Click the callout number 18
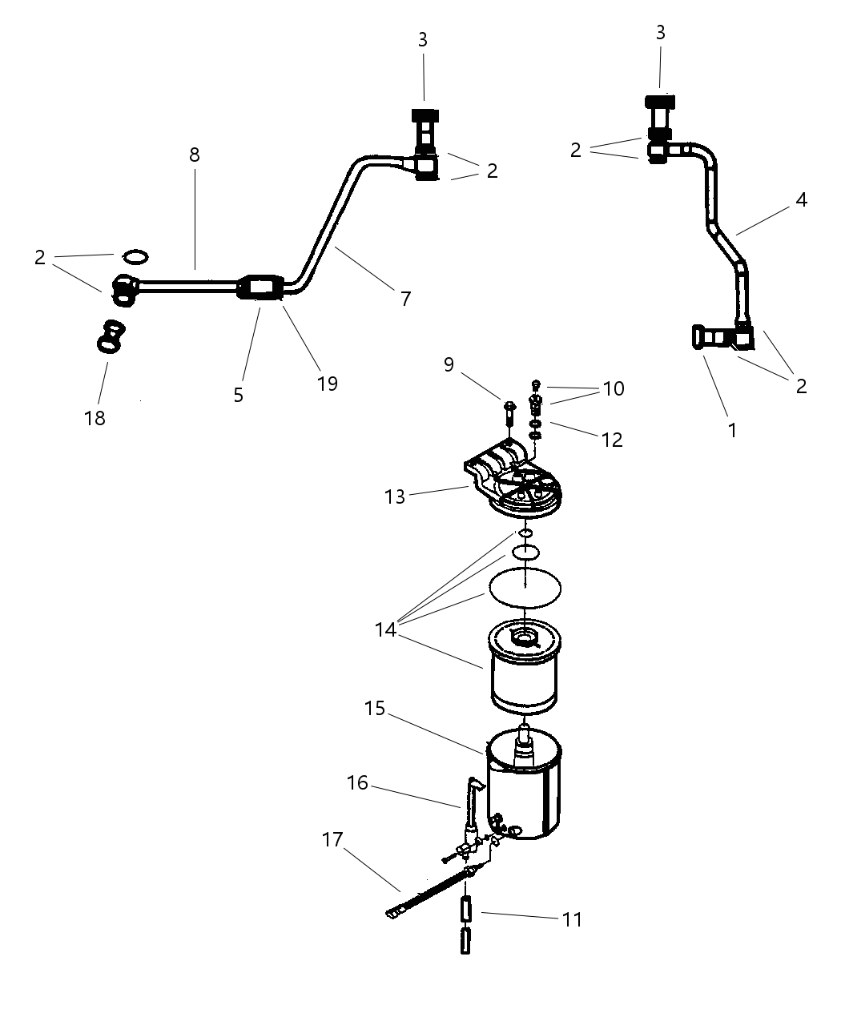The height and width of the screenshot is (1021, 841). click(x=95, y=417)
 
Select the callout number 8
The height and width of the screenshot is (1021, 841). click(x=195, y=155)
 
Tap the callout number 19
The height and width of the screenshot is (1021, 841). click(x=327, y=384)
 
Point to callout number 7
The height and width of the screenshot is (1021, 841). click(x=405, y=299)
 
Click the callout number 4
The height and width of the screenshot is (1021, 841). click(x=801, y=200)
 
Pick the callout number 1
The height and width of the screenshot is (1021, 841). click(x=731, y=430)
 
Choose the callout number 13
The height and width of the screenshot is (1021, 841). click(x=395, y=496)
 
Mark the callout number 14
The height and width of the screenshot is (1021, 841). click(x=386, y=629)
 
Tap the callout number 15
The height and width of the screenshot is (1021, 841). click(x=375, y=709)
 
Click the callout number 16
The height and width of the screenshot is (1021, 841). click(x=357, y=782)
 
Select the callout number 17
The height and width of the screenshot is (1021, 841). click(x=332, y=840)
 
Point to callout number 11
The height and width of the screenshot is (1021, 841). click(x=571, y=918)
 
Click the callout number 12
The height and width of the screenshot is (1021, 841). click(x=611, y=439)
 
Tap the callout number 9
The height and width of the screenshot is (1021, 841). click(x=449, y=364)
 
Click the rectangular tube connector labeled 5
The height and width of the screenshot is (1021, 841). click(x=261, y=287)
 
